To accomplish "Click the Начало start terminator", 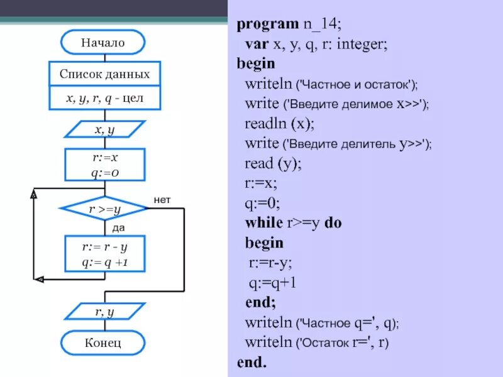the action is [x=102, y=43].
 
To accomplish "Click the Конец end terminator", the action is [x=102, y=343].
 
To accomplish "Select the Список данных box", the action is [x=105, y=74].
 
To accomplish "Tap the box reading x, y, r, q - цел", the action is [x=105, y=98].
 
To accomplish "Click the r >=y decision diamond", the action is [x=104, y=208].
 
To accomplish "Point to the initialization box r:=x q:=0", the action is [x=105, y=165].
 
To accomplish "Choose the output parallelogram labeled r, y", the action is [x=104, y=311].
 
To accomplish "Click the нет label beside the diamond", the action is [x=162, y=199].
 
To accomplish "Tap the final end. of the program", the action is [x=251, y=363].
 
